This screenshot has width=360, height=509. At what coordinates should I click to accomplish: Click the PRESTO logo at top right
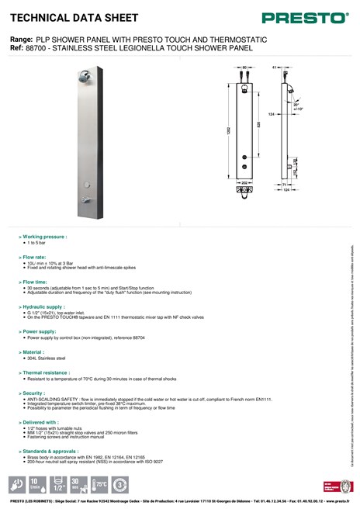[305, 17]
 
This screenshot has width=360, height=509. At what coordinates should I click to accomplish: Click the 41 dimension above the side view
[275, 68]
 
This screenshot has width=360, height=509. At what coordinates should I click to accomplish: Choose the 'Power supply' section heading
[40, 331]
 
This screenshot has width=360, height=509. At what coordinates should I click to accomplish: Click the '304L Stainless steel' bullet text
[47, 358]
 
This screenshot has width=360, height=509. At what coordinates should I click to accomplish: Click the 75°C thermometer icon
[99, 485]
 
